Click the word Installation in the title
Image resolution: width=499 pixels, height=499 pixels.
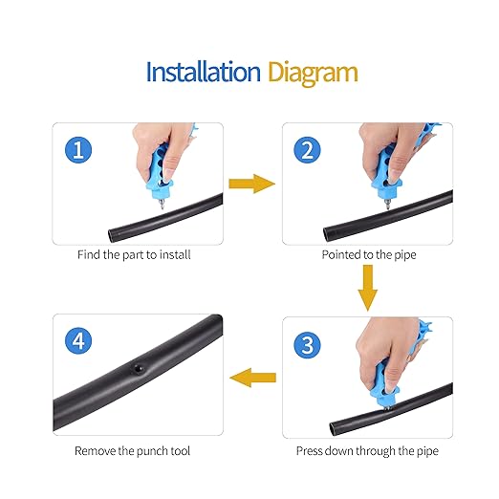(202, 72)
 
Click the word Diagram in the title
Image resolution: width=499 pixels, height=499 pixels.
(313, 73)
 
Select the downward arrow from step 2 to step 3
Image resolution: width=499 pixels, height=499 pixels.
(364, 285)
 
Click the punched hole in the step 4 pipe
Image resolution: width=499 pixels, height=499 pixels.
(139, 368)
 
